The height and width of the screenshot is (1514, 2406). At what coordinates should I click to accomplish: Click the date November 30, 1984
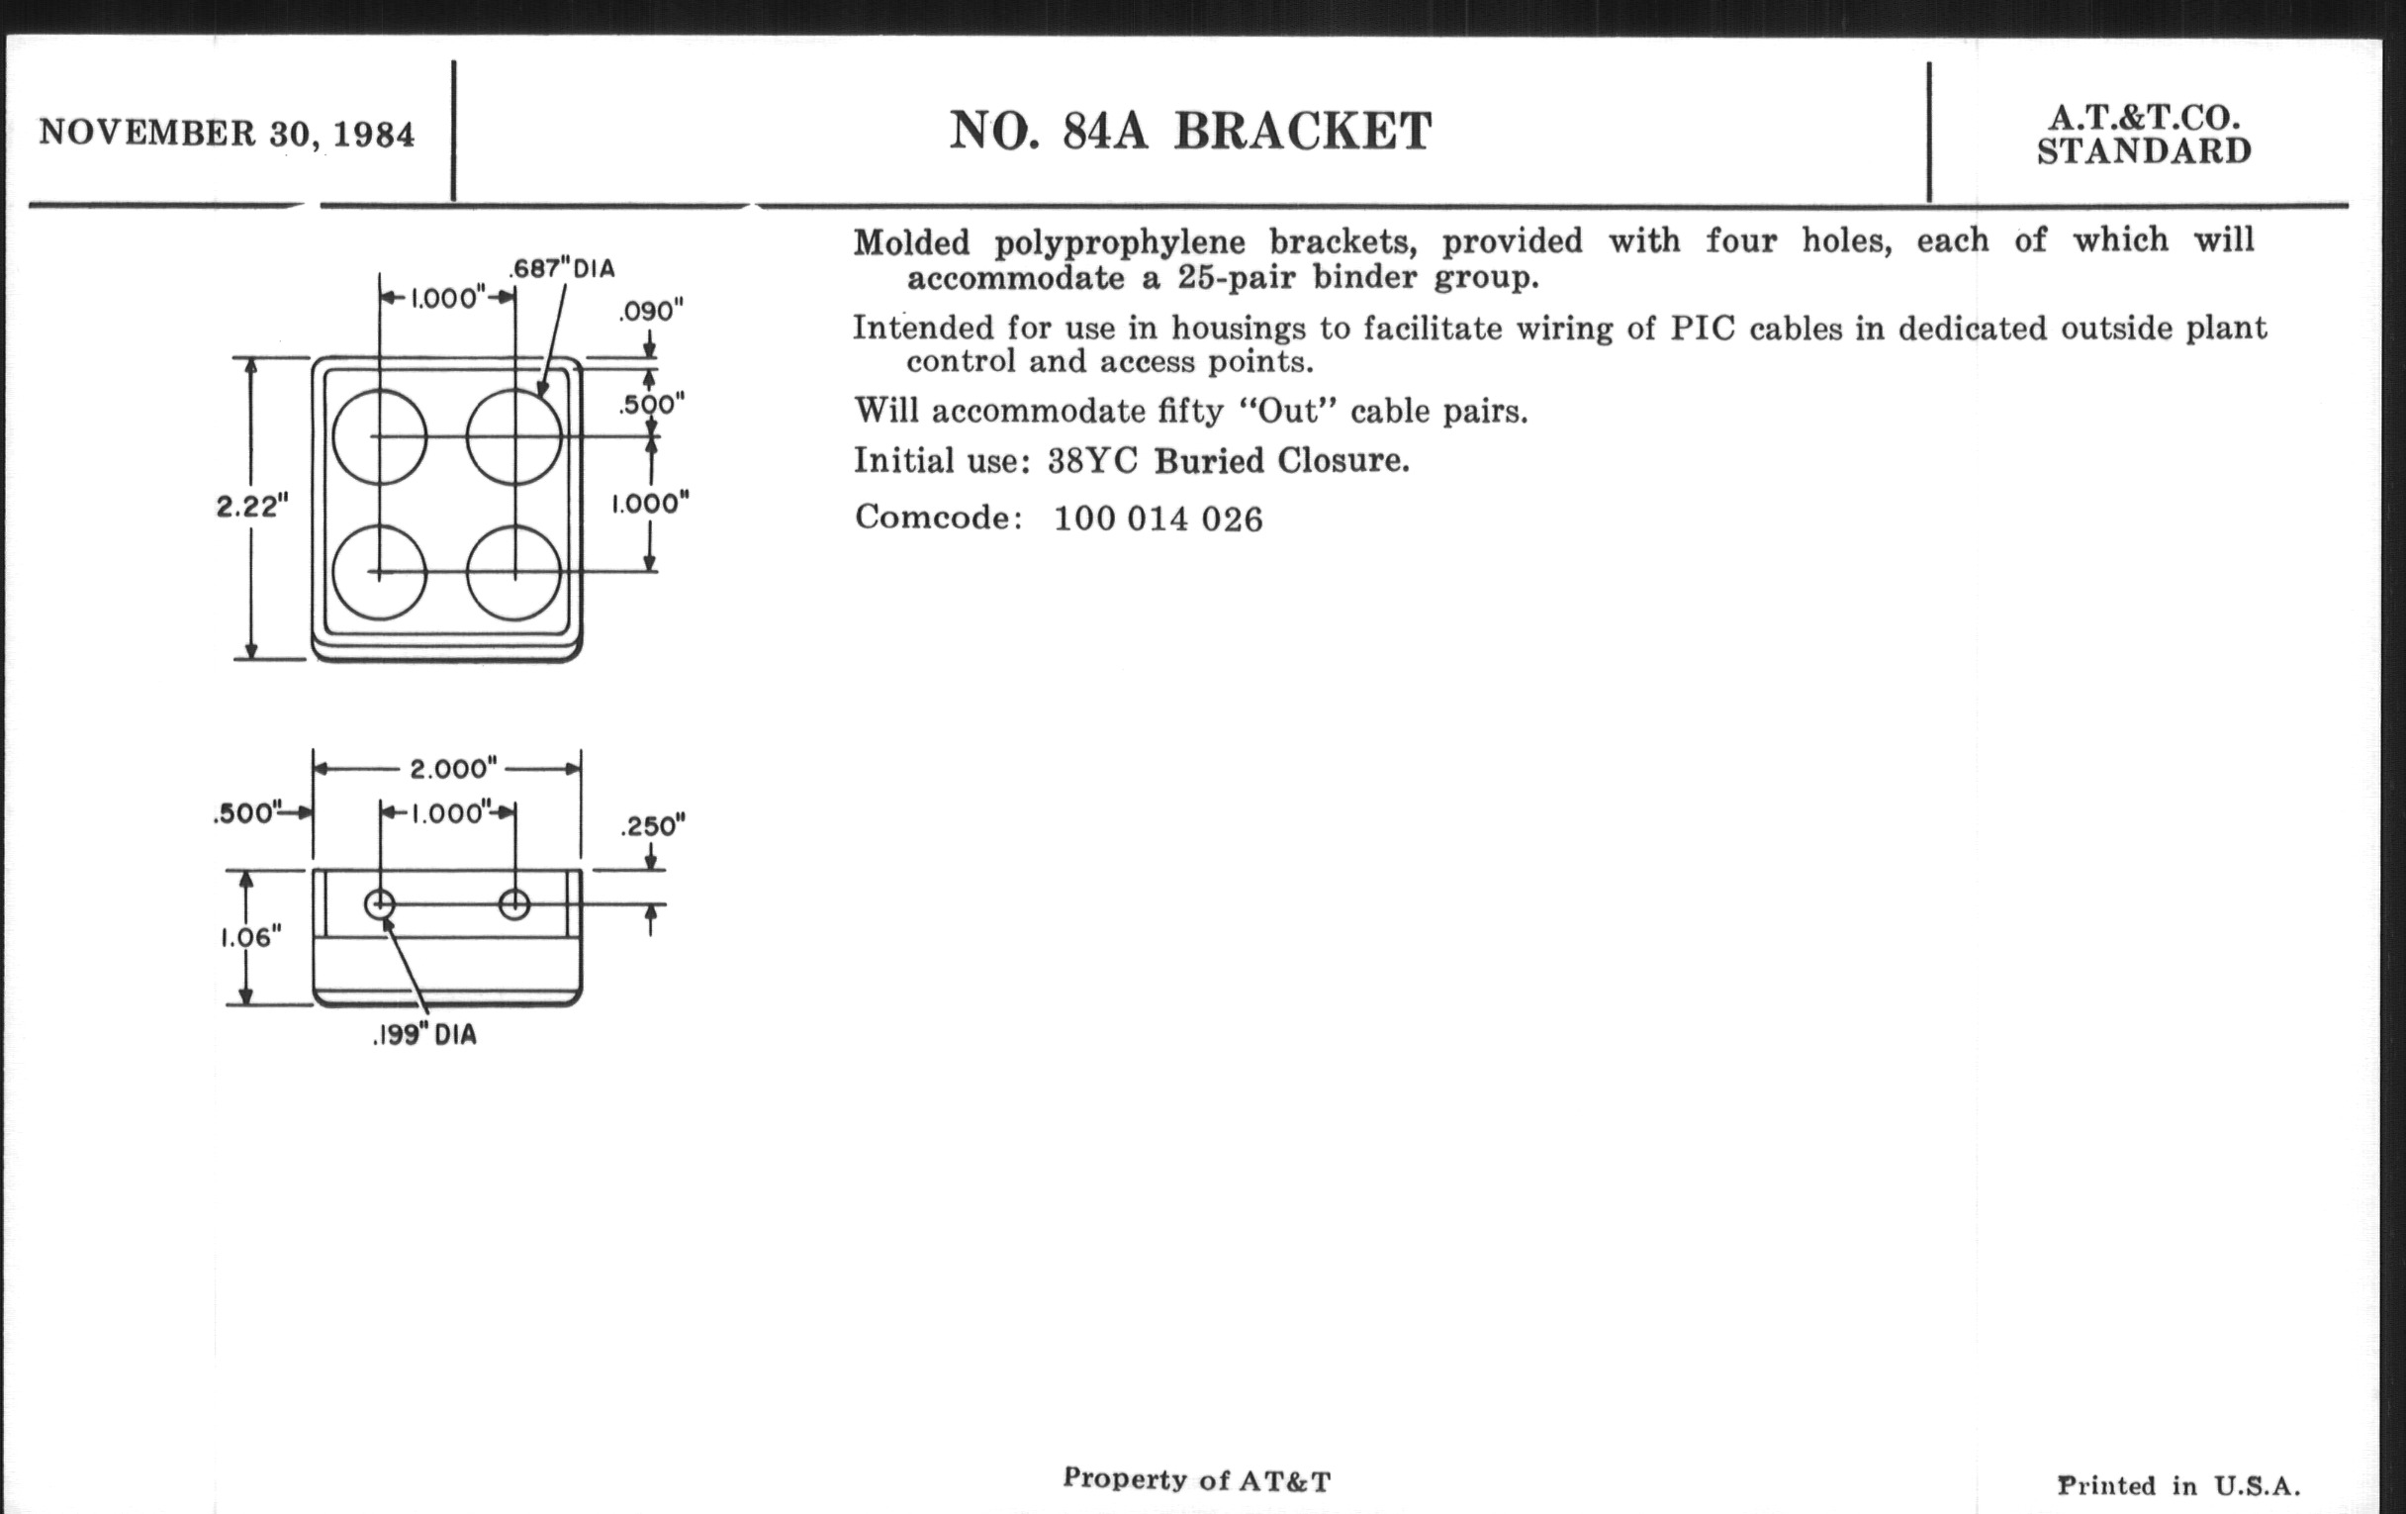(227, 134)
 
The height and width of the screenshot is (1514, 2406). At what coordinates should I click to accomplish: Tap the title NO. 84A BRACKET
(1190, 131)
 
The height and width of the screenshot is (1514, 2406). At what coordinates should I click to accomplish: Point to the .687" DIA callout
(562, 269)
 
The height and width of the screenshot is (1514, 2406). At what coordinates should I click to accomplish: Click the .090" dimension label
(650, 312)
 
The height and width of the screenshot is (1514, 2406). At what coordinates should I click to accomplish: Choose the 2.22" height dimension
(252, 506)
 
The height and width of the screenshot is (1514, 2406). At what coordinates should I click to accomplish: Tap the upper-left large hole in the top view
(380, 436)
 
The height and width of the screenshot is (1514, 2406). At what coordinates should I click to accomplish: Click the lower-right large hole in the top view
(513, 574)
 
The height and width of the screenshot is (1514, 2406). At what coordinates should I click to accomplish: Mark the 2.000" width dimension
(453, 769)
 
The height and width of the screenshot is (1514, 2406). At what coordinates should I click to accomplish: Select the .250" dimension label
(653, 826)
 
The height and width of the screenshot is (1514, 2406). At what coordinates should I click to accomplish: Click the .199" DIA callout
(424, 1035)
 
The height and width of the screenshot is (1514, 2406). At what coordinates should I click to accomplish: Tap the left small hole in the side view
(380, 905)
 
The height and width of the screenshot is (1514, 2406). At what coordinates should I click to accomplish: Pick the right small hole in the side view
(513, 905)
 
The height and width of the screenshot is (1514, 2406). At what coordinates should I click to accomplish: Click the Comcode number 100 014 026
(1158, 519)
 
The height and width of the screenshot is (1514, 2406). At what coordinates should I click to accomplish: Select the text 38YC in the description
(1092, 461)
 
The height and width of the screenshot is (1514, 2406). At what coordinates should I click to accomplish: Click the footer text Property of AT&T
(1196, 1479)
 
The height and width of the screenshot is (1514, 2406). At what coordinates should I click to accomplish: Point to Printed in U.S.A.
(2178, 1486)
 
